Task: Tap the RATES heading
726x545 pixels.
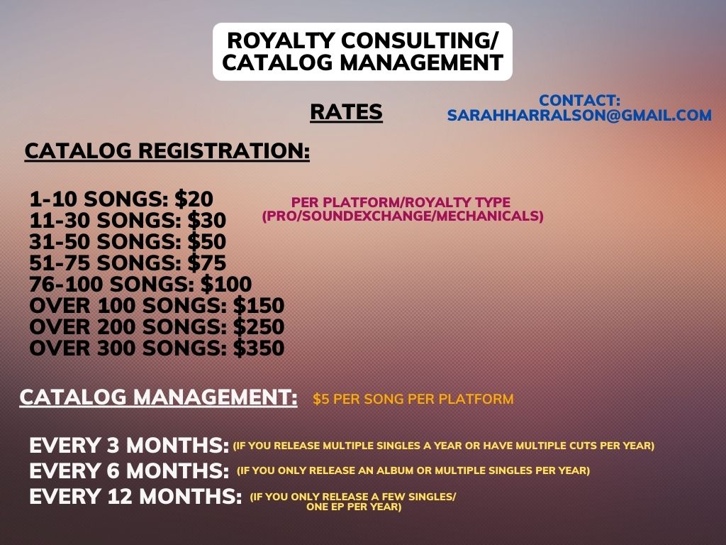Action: [x=346, y=112]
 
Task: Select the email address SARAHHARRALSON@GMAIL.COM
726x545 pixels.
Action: [x=579, y=115]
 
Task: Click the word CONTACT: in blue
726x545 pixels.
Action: [x=579, y=100]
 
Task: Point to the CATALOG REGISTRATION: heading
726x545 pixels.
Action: [x=167, y=151]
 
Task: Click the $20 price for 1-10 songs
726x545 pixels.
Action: [x=194, y=199]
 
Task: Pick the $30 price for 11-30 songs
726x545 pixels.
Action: [x=206, y=221]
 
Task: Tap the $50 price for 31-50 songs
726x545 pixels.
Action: [x=206, y=242]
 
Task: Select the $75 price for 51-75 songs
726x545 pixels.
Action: [x=206, y=263]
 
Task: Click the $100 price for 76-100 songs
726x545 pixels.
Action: [x=226, y=285]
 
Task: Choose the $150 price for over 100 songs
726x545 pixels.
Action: [x=258, y=306]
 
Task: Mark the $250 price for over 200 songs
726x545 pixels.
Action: [x=258, y=327]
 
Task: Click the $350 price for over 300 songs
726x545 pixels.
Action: [x=258, y=348]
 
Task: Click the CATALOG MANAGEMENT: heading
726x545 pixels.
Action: [x=158, y=397]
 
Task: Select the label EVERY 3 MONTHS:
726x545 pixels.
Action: [x=129, y=446]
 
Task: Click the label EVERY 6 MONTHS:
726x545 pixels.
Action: [x=129, y=471]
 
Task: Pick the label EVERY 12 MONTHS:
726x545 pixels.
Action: [x=135, y=497]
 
